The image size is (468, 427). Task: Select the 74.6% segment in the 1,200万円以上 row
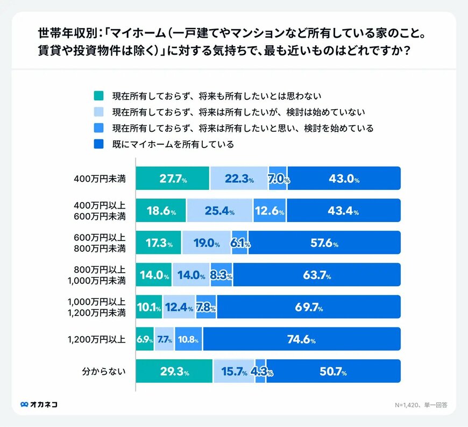coord(302,339)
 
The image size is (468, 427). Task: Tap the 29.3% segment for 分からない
coord(174,372)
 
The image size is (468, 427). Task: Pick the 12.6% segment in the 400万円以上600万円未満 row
coord(270,211)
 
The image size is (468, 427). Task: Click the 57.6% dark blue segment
coord(324,243)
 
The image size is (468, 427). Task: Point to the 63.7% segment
coord(316,275)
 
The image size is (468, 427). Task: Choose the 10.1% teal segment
coord(149,308)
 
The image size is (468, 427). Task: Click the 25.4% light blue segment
coord(219,211)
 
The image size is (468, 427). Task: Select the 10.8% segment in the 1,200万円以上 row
coord(189,339)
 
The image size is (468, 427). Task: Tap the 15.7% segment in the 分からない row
coord(234,372)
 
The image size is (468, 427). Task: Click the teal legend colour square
coord(98,96)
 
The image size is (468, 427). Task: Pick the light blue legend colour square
coord(98,112)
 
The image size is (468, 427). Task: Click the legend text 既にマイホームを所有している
coord(173,144)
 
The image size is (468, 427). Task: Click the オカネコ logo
coord(39,404)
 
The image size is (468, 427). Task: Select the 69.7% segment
coord(308,308)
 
